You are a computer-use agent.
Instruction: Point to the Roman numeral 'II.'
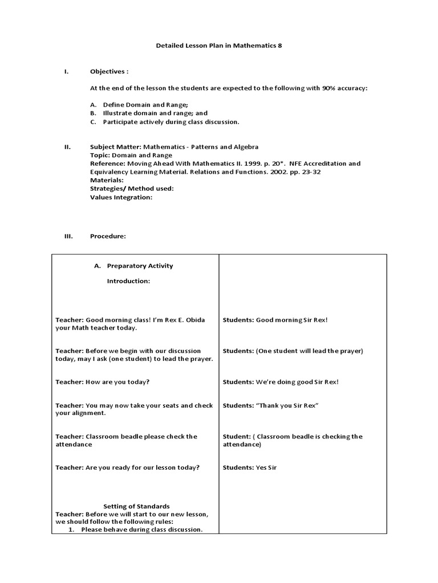(x=67, y=147)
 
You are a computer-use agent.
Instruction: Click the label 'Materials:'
(x=107, y=180)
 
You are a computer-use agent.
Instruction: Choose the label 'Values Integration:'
(x=121, y=197)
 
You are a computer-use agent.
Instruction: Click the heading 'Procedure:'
(x=108, y=236)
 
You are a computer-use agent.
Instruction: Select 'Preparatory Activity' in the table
(x=140, y=266)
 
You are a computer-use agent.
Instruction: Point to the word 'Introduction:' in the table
(x=128, y=282)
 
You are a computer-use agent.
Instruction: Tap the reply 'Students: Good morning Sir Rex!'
(x=275, y=320)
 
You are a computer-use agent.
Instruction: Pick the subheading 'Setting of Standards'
(x=136, y=506)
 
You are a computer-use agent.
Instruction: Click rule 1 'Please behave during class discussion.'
(x=141, y=529)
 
